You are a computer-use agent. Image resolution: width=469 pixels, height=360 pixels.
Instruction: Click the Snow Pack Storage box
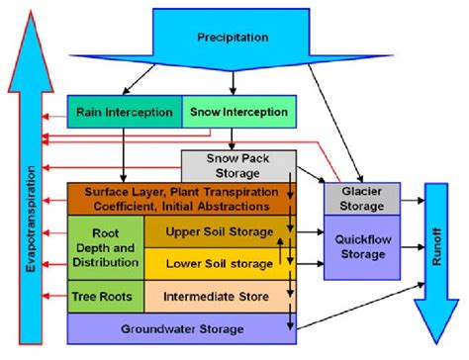(237, 164)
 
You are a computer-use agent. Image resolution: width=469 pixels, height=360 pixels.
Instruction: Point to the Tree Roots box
(105, 295)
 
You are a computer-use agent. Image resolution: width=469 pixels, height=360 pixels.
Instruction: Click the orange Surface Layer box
(178, 199)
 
